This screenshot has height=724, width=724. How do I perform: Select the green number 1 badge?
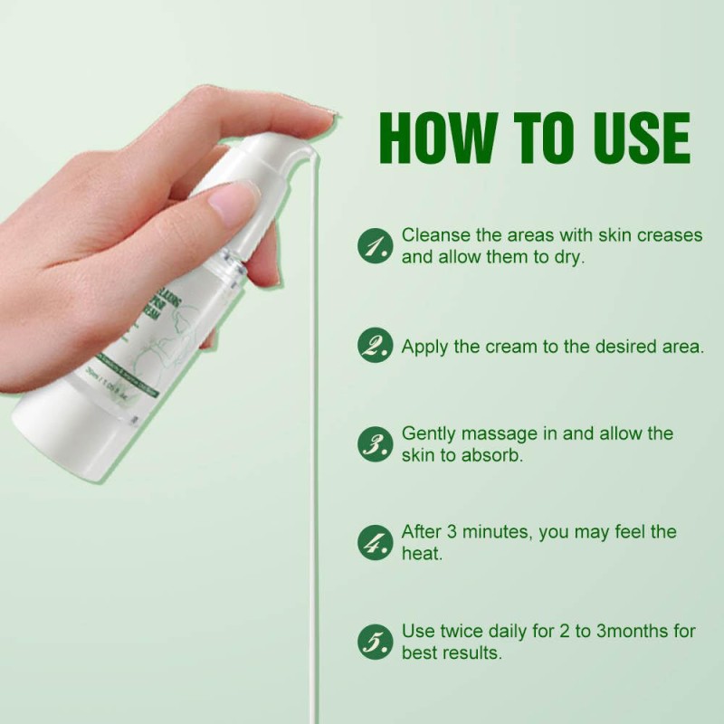[x=375, y=245]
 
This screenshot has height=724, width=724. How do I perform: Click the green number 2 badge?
[x=375, y=346]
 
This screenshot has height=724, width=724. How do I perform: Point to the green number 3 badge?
[x=375, y=443]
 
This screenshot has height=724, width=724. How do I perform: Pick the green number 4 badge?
[x=375, y=542]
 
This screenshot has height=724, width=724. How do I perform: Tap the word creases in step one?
[x=668, y=235]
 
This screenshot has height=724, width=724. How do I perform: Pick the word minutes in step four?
[x=495, y=532]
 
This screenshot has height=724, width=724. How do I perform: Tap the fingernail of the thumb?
[x=232, y=203]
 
